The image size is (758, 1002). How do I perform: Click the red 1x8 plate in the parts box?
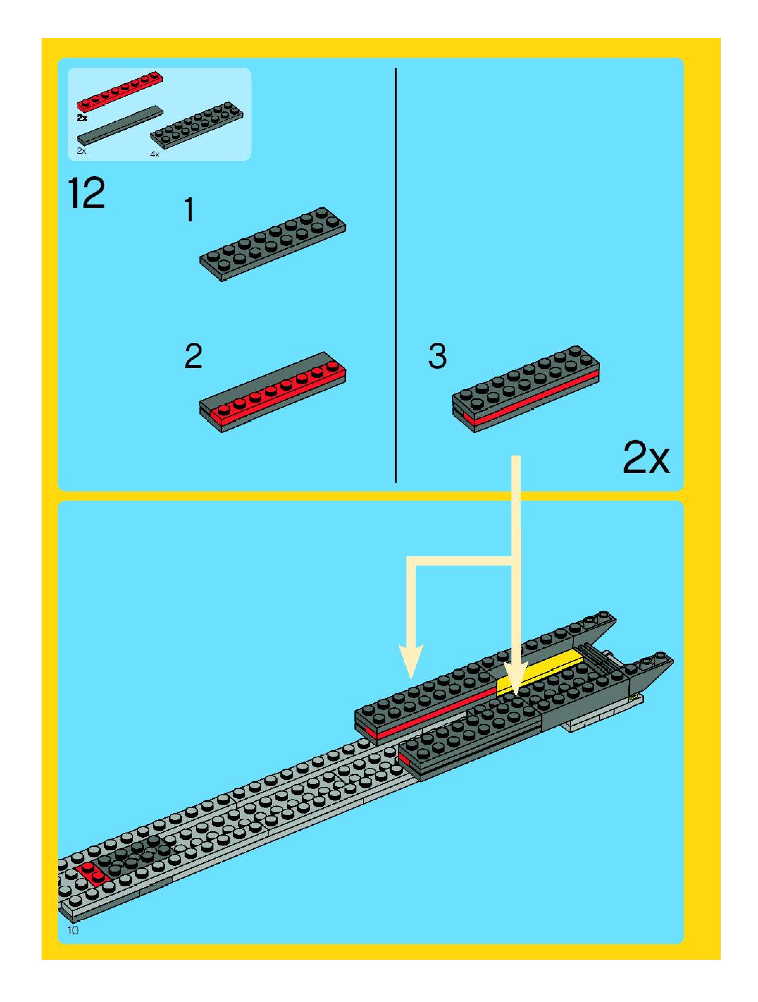[120, 91]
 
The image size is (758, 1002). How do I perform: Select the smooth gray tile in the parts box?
[120, 126]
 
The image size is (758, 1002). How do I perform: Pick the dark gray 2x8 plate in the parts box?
[197, 125]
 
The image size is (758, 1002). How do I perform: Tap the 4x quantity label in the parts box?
[155, 154]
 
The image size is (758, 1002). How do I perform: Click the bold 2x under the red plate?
[82, 118]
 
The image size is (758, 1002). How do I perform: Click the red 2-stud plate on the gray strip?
[92, 873]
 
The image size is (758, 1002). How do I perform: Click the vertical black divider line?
[396, 272]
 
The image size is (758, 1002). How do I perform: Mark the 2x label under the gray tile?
[81, 151]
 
